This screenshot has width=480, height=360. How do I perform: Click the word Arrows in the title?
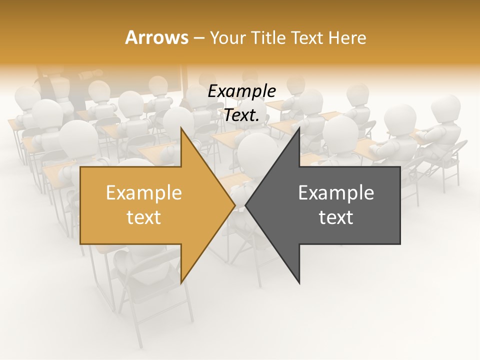(156, 37)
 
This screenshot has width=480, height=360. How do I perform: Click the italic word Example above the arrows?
(241, 91)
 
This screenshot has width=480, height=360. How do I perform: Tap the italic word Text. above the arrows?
(241, 115)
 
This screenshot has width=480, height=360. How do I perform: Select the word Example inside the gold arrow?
(143, 193)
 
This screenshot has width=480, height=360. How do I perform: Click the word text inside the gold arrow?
(143, 217)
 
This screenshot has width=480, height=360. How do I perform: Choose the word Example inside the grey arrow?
(336, 193)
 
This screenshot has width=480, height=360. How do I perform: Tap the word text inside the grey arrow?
(336, 217)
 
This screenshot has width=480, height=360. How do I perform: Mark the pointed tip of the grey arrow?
(245, 205)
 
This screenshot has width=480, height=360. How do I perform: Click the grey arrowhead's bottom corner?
(299, 283)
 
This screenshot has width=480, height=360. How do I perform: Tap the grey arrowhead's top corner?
(299, 127)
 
